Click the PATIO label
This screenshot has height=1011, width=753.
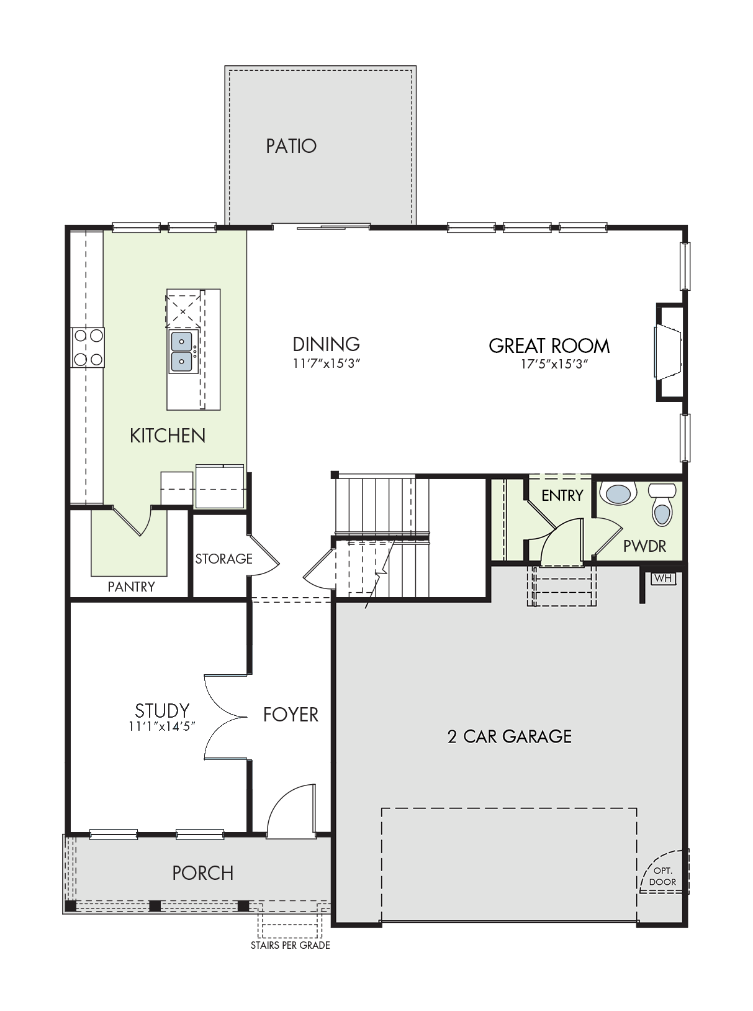(x=291, y=146)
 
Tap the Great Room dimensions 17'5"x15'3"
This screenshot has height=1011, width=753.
(x=554, y=364)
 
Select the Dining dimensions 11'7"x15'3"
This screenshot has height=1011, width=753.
(x=326, y=364)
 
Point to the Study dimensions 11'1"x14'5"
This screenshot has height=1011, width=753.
(x=162, y=726)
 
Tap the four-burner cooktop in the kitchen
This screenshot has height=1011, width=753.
(x=88, y=347)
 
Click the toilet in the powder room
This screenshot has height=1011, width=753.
(x=662, y=505)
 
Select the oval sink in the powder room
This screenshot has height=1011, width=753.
(x=618, y=493)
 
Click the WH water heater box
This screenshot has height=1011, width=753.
(x=663, y=578)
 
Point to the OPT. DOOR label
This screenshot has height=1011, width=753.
(x=663, y=877)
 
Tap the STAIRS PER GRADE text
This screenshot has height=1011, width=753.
(x=291, y=945)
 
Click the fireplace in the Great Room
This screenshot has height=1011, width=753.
(x=670, y=352)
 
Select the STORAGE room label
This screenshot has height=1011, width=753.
(x=224, y=559)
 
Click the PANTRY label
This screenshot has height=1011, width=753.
(x=131, y=587)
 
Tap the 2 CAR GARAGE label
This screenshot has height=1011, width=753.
(x=510, y=736)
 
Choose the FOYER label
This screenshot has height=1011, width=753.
(x=291, y=715)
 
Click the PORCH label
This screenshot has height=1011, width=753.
(x=203, y=873)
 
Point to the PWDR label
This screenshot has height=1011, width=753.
(x=644, y=546)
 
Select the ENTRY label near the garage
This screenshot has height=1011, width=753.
(x=562, y=496)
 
